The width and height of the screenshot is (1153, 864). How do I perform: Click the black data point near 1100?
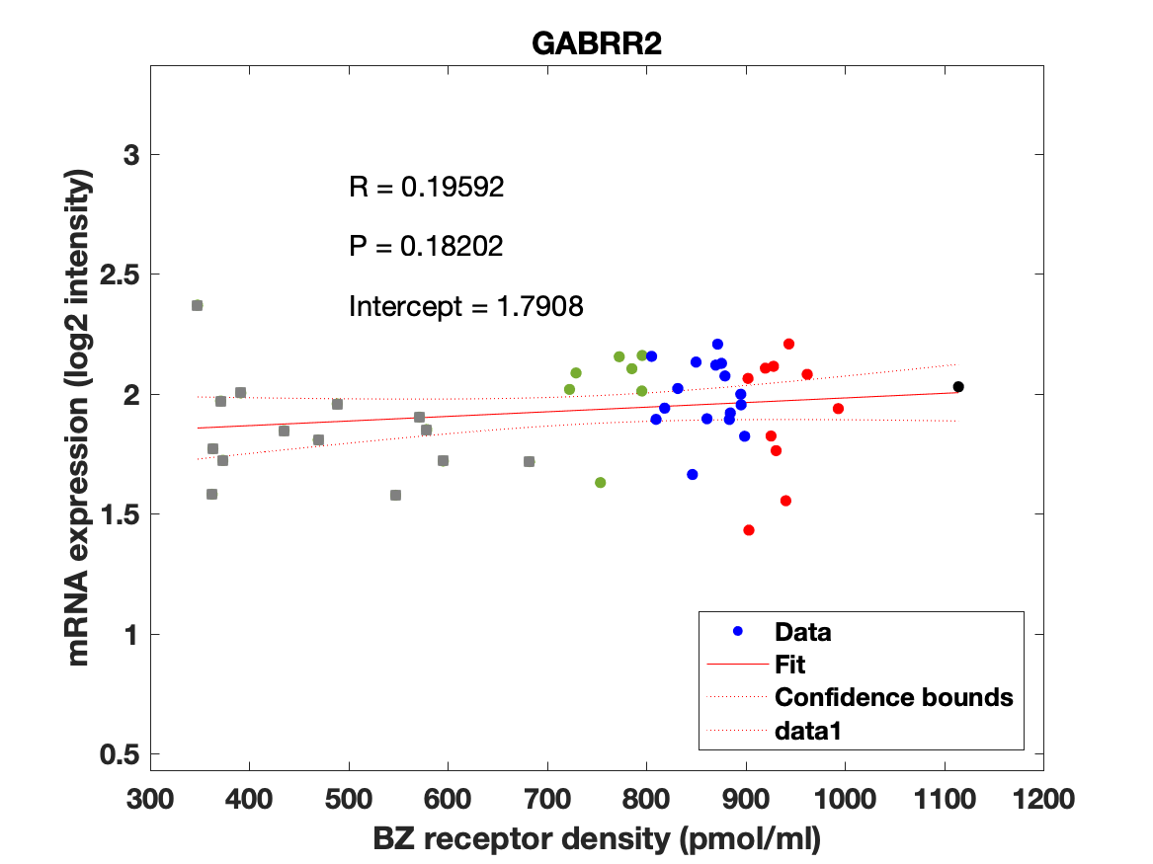pyautogui.click(x=958, y=387)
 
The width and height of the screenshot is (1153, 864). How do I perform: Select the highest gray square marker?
pyautogui.click(x=198, y=305)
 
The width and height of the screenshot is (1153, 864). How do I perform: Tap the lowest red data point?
pyautogui.click(x=749, y=530)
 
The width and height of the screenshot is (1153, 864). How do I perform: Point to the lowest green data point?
pyautogui.click(x=600, y=483)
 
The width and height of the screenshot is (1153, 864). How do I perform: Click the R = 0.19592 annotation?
pyautogui.click(x=427, y=188)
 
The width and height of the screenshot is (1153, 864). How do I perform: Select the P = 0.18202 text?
pyautogui.click(x=426, y=247)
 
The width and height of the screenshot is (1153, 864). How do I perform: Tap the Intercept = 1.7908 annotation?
pyautogui.click(x=466, y=307)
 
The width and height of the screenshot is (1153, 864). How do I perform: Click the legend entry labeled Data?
pyautogui.click(x=802, y=632)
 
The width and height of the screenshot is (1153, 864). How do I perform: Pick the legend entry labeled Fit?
pyautogui.click(x=790, y=665)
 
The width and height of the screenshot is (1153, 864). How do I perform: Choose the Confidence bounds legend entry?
pyautogui.click(x=893, y=697)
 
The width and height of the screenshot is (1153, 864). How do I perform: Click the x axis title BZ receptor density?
pyautogui.click(x=597, y=839)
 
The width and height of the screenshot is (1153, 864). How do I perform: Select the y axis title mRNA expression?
pyautogui.click(x=81, y=404)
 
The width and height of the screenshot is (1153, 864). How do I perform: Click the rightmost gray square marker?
pyautogui.click(x=529, y=461)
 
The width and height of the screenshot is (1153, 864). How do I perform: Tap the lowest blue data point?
pyautogui.click(x=693, y=475)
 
